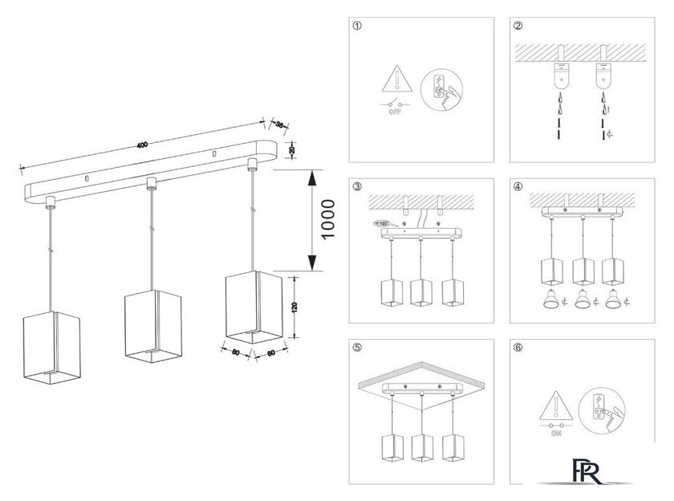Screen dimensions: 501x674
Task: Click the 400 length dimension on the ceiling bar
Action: (142, 145)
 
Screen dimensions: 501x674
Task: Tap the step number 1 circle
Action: (357, 26)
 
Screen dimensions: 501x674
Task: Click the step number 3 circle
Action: (357, 187)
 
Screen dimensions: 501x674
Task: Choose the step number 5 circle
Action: (357, 348)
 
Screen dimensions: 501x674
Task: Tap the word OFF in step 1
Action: (394, 113)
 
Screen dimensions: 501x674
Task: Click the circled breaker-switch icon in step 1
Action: (437, 88)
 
